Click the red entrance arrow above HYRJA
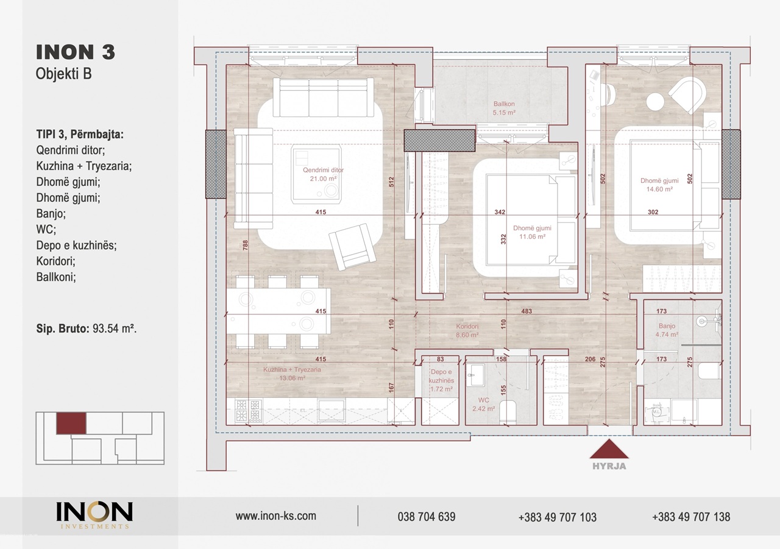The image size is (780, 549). (x=609, y=450)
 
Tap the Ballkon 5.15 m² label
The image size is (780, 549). (x=504, y=108)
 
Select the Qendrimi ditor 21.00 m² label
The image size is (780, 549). (x=323, y=174)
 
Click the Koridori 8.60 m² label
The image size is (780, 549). (x=467, y=330)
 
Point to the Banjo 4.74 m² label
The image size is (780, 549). (x=667, y=330)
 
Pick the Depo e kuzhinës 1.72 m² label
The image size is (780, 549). (x=441, y=380)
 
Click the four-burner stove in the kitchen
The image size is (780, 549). (x=249, y=410)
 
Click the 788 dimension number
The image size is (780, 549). (x=246, y=245)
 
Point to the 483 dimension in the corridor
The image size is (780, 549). (x=526, y=311)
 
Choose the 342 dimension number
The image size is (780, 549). (x=500, y=211)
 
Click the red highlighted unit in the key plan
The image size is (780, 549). (x=71, y=423)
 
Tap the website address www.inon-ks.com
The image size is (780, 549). (x=276, y=515)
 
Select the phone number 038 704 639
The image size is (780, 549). (x=427, y=517)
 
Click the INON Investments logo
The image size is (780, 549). (x=94, y=515)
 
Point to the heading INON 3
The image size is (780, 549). (x=76, y=52)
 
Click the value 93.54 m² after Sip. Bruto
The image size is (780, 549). (x=115, y=328)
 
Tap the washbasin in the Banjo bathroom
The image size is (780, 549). (x=708, y=321)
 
